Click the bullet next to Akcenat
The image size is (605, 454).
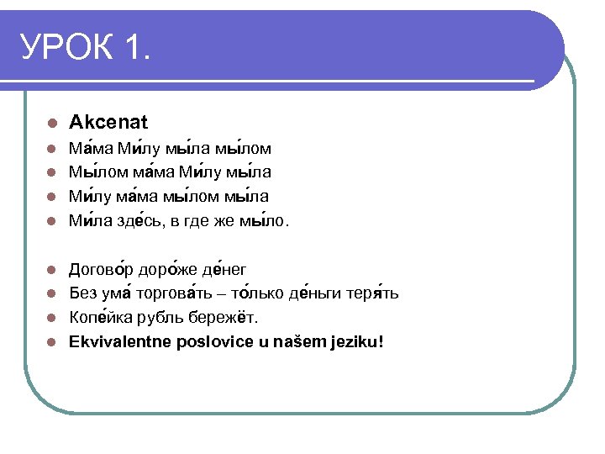click(52, 124)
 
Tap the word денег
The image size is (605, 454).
click(226, 269)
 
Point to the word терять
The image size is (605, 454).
click(373, 293)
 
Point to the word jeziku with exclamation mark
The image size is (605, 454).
click(356, 342)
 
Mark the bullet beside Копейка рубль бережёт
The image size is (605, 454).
click(52, 319)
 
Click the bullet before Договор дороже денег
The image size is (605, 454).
click(52, 270)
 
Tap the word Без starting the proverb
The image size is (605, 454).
click(83, 293)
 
